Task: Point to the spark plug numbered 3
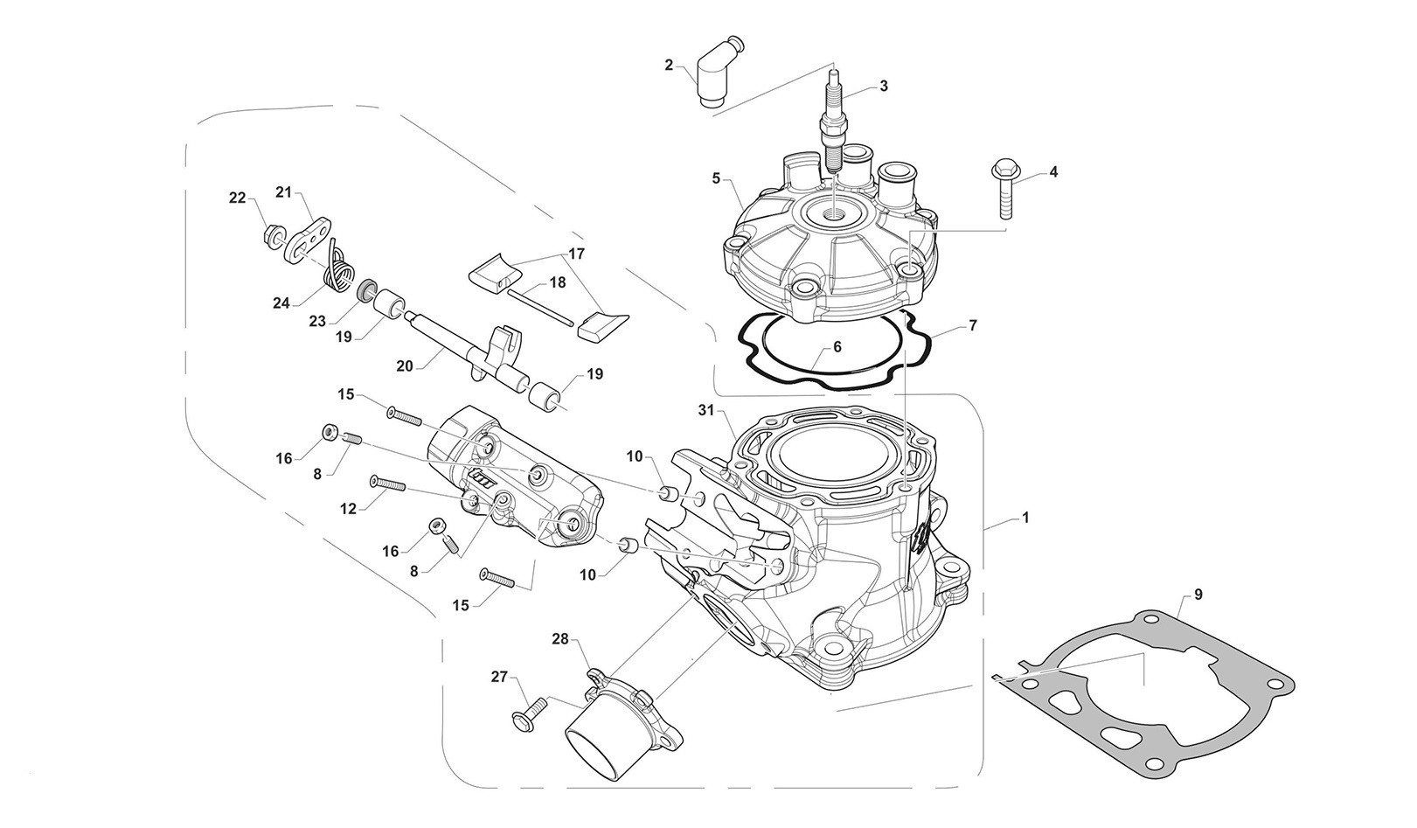click(833, 122)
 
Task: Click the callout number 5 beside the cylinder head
click(717, 178)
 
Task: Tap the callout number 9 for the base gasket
click(1198, 595)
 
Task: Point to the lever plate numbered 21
click(308, 238)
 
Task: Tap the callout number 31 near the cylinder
click(706, 409)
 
